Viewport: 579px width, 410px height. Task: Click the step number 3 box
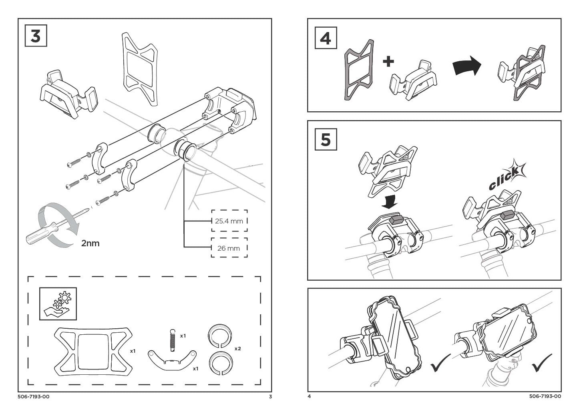click(x=36, y=36)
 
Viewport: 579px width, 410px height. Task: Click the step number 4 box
click(x=326, y=38)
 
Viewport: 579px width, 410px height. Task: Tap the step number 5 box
click(x=326, y=140)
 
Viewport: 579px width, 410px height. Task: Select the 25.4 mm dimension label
click(x=229, y=221)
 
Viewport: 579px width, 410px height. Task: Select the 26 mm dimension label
click(x=229, y=248)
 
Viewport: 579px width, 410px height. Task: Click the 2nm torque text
click(x=90, y=243)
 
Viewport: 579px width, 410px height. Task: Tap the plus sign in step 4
click(x=388, y=61)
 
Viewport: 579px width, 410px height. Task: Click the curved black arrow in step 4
click(x=466, y=65)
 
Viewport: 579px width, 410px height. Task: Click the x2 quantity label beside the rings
click(x=237, y=348)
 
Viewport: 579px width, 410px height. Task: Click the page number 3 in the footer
click(x=270, y=397)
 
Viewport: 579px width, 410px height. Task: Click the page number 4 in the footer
click(x=309, y=397)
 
